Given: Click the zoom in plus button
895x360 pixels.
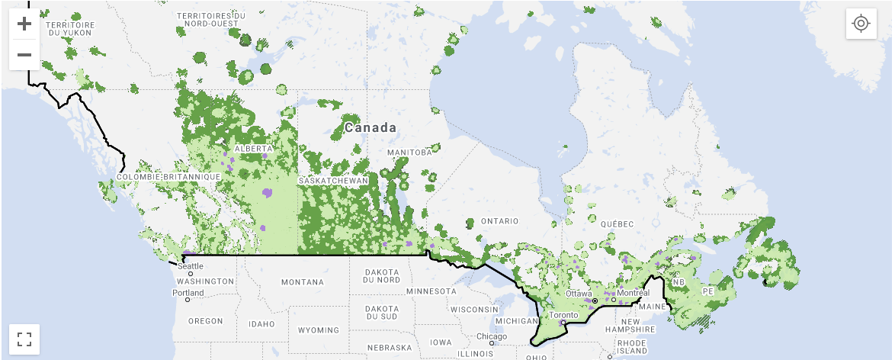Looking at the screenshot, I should (x=24, y=24).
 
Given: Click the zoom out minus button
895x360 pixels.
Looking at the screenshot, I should (x=24, y=55).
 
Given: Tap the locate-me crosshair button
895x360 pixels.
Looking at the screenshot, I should (x=861, y=24).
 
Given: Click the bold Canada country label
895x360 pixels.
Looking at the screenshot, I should (x=371, y=127).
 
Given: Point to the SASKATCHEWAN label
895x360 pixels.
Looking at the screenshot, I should (x=333, y=181).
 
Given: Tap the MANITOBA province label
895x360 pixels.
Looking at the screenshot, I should (x=409, y=153).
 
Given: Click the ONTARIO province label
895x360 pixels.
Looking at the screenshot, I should (x=499, y=221).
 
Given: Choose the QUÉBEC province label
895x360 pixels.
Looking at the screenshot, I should (x=617, y=223).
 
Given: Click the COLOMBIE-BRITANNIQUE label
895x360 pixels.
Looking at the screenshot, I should (x=168, y=177).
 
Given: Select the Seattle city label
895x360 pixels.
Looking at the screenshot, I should (x=191, y=266).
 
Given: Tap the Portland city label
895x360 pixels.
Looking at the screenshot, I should (x=188, y=293).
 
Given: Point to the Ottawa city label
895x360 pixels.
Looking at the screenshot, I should (x=579, y=294).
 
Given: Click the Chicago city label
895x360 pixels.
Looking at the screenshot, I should (x=492, y=336).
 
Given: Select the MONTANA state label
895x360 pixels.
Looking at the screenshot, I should (x=303, y=282).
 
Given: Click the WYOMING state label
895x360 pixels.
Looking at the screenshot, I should (x=318, y=330).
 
